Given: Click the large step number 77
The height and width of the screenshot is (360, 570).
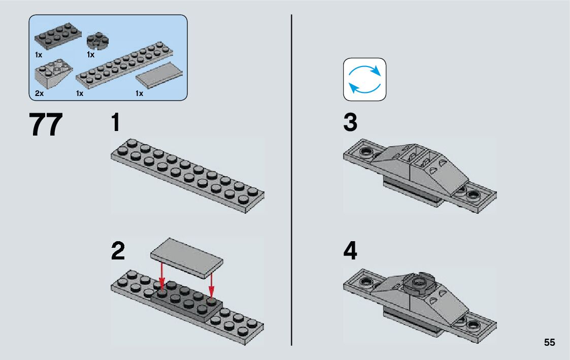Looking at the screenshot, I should click(x=47, y=125).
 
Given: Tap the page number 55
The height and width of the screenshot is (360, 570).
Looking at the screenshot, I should click(x=549, y=343).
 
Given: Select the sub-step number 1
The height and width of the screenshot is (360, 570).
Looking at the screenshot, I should click(x=116, y=123).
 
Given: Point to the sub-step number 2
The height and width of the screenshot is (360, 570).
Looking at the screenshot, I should click(x=117, y=251).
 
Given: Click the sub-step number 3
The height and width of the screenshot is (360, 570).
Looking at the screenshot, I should click(x=350, y=123).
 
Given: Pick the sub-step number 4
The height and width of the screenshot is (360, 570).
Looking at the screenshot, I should click(x=350, y=251).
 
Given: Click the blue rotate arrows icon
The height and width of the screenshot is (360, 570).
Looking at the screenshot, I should click(x=364, y=79).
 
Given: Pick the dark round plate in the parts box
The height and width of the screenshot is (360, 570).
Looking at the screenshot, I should click(x=97, y=41).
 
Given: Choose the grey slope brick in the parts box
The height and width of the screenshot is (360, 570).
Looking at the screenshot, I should click(x=53, y=73).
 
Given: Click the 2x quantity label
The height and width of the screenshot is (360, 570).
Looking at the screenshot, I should click(x=39, y=93).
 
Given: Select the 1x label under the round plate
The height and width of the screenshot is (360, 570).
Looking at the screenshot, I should click(x=91, y=54).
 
